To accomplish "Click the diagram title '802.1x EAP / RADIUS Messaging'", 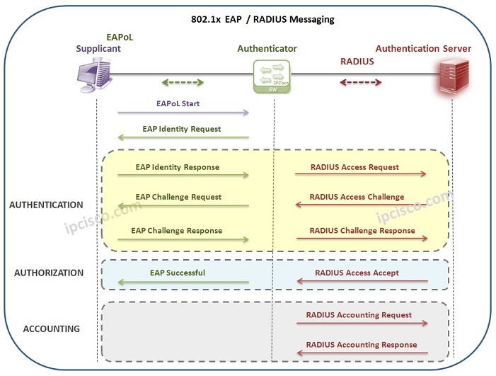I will (263, 19).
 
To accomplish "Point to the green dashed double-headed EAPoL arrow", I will (173, 82).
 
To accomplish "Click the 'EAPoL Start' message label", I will (178, 103).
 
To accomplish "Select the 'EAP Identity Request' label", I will (181, 129).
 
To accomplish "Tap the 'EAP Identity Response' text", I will (177, 167).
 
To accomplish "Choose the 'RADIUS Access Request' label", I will (355, 167).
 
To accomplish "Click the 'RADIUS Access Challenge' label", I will (357, 197).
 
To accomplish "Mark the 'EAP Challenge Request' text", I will (178, 197).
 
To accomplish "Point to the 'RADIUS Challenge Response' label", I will (362, 230).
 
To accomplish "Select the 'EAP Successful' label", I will (177, 272).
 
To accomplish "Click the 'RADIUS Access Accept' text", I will (357, 272).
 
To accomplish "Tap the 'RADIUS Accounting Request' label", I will (359, 314).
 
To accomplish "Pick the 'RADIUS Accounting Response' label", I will (361, 345).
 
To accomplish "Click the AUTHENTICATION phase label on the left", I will (46, 205).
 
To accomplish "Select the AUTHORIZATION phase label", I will (49, 273).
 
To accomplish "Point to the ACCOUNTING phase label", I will (51, 329).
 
